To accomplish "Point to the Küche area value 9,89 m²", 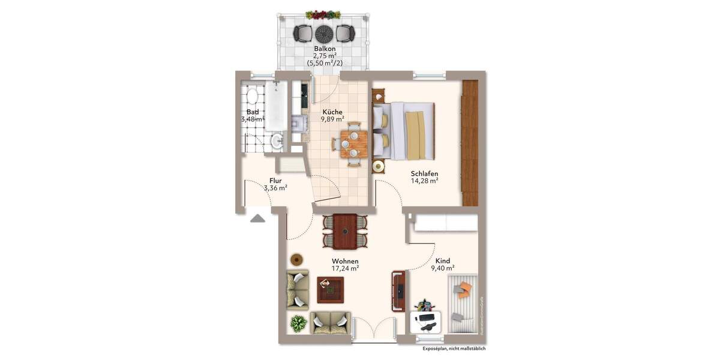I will coord(331,119).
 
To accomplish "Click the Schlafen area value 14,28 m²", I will coord(424,180).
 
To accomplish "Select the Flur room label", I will coord(275,179).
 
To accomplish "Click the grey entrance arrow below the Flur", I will coord(257,218).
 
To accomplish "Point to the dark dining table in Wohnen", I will coord(345,231).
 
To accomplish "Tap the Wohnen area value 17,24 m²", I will coord(345,269).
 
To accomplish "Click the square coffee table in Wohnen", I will coord(330,291).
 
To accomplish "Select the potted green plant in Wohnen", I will coord(298,323).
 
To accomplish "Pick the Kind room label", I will coord(443,261).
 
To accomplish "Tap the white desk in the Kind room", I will coord(427,322).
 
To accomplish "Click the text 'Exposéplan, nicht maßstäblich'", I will coord(454,349).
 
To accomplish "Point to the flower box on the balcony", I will coord(323,14).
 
